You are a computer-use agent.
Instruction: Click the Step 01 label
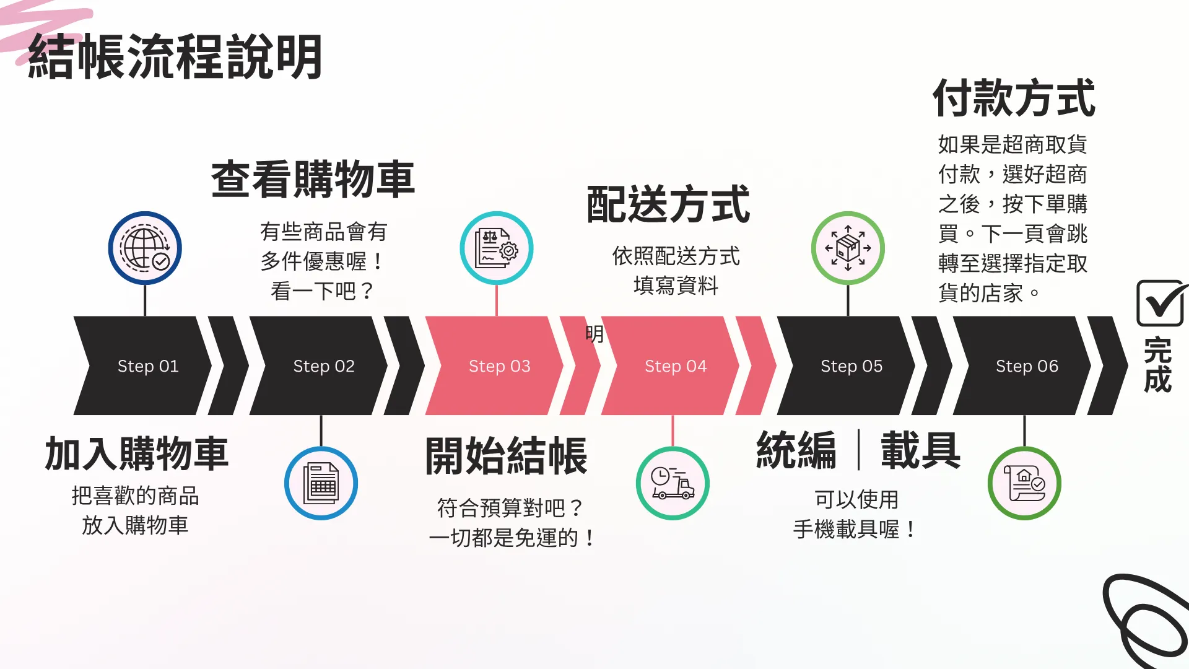point(148,366)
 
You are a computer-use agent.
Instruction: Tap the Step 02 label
point(324,366)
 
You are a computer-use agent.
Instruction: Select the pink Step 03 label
point(499,366)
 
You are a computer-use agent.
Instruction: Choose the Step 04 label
point(675,366)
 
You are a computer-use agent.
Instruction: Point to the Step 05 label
point(851,366)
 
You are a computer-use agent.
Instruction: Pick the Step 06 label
point(1027,366)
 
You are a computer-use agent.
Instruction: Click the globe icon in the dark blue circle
point(145,248)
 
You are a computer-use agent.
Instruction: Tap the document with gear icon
point(496,248)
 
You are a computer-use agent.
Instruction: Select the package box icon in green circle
point(848,248)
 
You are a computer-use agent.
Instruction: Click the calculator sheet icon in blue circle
point(321,483)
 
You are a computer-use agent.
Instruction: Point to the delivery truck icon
point(673,483)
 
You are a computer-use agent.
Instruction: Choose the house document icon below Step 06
point(1024,483)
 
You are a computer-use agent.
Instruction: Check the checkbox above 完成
point(1161,303)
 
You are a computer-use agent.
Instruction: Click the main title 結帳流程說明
point(175,57)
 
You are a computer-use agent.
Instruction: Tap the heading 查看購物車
point(313,180)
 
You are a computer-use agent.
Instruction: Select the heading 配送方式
point(668,204)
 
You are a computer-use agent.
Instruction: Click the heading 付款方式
point(1014,98)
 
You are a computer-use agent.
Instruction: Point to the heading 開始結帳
point(506,456)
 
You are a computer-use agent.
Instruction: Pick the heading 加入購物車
point(137,453)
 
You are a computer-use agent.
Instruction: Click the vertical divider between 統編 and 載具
point(859,450)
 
